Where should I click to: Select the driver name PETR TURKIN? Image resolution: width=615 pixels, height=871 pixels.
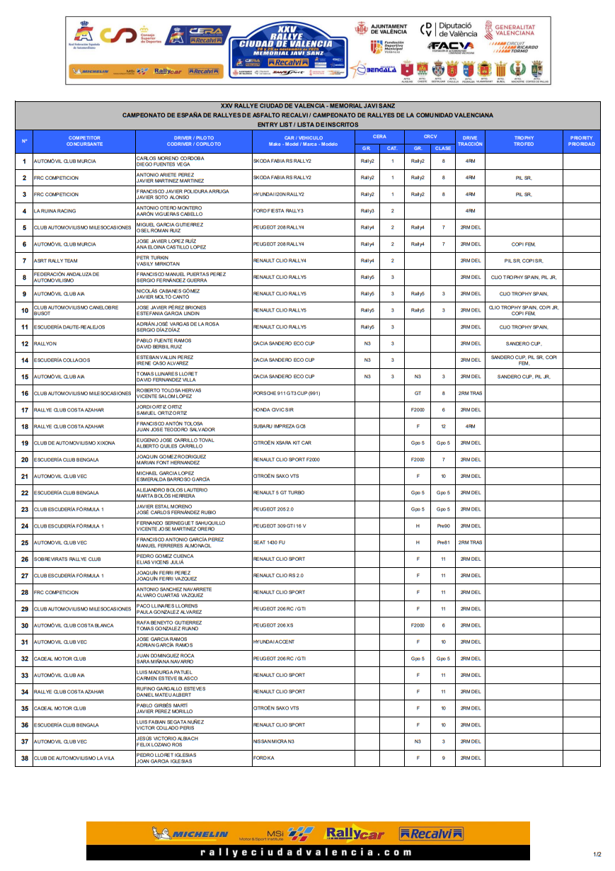click(x=149, y=258)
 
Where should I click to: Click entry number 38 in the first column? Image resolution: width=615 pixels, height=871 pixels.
click(x=24, y=758)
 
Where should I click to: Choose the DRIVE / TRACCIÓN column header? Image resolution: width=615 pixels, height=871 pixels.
click(x=470, y=141)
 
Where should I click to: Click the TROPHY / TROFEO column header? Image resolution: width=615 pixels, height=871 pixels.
click(x=524, y=141)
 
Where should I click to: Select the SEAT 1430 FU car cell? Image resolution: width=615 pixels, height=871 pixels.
click(x=269, y=542)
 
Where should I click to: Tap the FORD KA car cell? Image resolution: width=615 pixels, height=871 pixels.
click(x=263, y=758)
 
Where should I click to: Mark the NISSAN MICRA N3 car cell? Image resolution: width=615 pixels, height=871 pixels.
click(x=273, y=741)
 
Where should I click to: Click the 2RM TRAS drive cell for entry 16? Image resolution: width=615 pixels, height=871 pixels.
click(x=470, y=393)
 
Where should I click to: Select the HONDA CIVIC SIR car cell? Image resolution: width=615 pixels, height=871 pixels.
click(x=273, y=410)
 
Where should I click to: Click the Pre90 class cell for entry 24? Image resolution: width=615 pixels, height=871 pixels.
click(x=443, y=526)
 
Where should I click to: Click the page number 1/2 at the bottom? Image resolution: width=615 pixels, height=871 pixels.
click(x=597, y=855)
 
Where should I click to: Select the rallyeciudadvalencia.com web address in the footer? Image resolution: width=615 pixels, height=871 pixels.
click(x=307, y=853)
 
